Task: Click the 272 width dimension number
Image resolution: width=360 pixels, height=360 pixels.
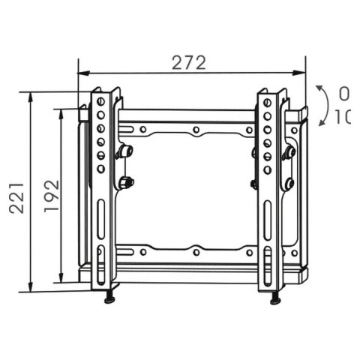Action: (189, 63)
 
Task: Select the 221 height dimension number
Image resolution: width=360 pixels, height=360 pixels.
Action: (16, 197)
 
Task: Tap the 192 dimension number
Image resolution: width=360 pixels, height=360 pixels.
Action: (51, 196)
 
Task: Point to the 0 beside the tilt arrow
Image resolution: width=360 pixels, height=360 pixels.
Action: (343, 94)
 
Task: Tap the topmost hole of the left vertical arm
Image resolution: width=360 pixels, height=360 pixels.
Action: (100, 100)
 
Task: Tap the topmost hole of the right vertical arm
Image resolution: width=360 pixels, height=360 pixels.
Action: (267, 100)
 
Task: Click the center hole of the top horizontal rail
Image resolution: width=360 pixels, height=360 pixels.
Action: (195, 130)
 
